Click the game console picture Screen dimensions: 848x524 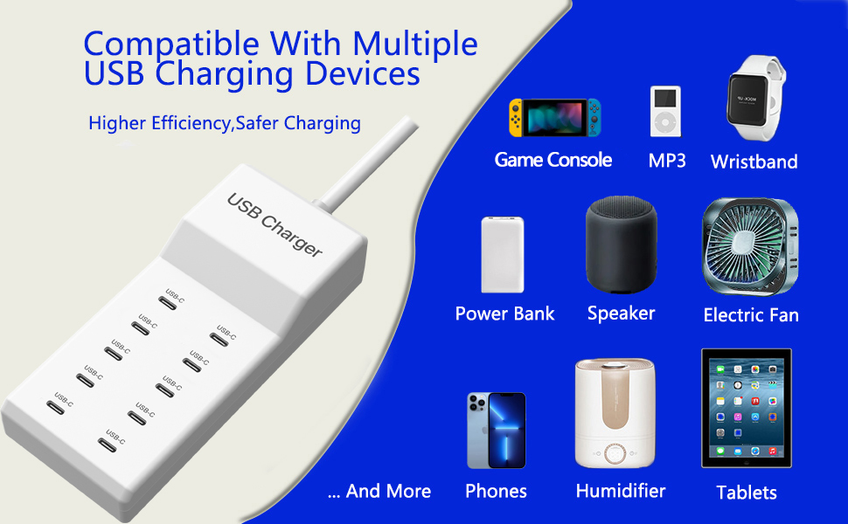tap(554, 117)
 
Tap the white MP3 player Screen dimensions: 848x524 tap(665, 111)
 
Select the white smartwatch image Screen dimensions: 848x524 tap(754, 99)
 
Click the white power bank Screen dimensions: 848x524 tap(503, 254)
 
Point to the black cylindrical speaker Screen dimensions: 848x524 tap(622, 245)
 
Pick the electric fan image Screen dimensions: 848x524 tap(750, 247)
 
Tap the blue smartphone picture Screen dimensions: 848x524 tap(496, 431)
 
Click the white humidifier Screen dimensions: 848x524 tap(615, 413)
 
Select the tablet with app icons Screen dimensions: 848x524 tap(747, 408)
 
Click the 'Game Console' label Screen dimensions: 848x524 tap(553, 160)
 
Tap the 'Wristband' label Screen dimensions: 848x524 tap(754, 162)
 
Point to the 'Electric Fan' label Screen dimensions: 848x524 tap(751, 315)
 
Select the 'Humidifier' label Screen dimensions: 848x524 tap(621, 491)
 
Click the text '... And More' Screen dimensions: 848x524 tap(379, 491)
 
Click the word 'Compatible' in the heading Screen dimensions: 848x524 tap(171, 45)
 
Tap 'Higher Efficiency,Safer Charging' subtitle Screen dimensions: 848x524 tap(225, 123)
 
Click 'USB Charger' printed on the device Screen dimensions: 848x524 tap(275, 224)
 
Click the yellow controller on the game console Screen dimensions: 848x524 tap(516, 117)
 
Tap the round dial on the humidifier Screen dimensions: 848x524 tap(615, 454)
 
